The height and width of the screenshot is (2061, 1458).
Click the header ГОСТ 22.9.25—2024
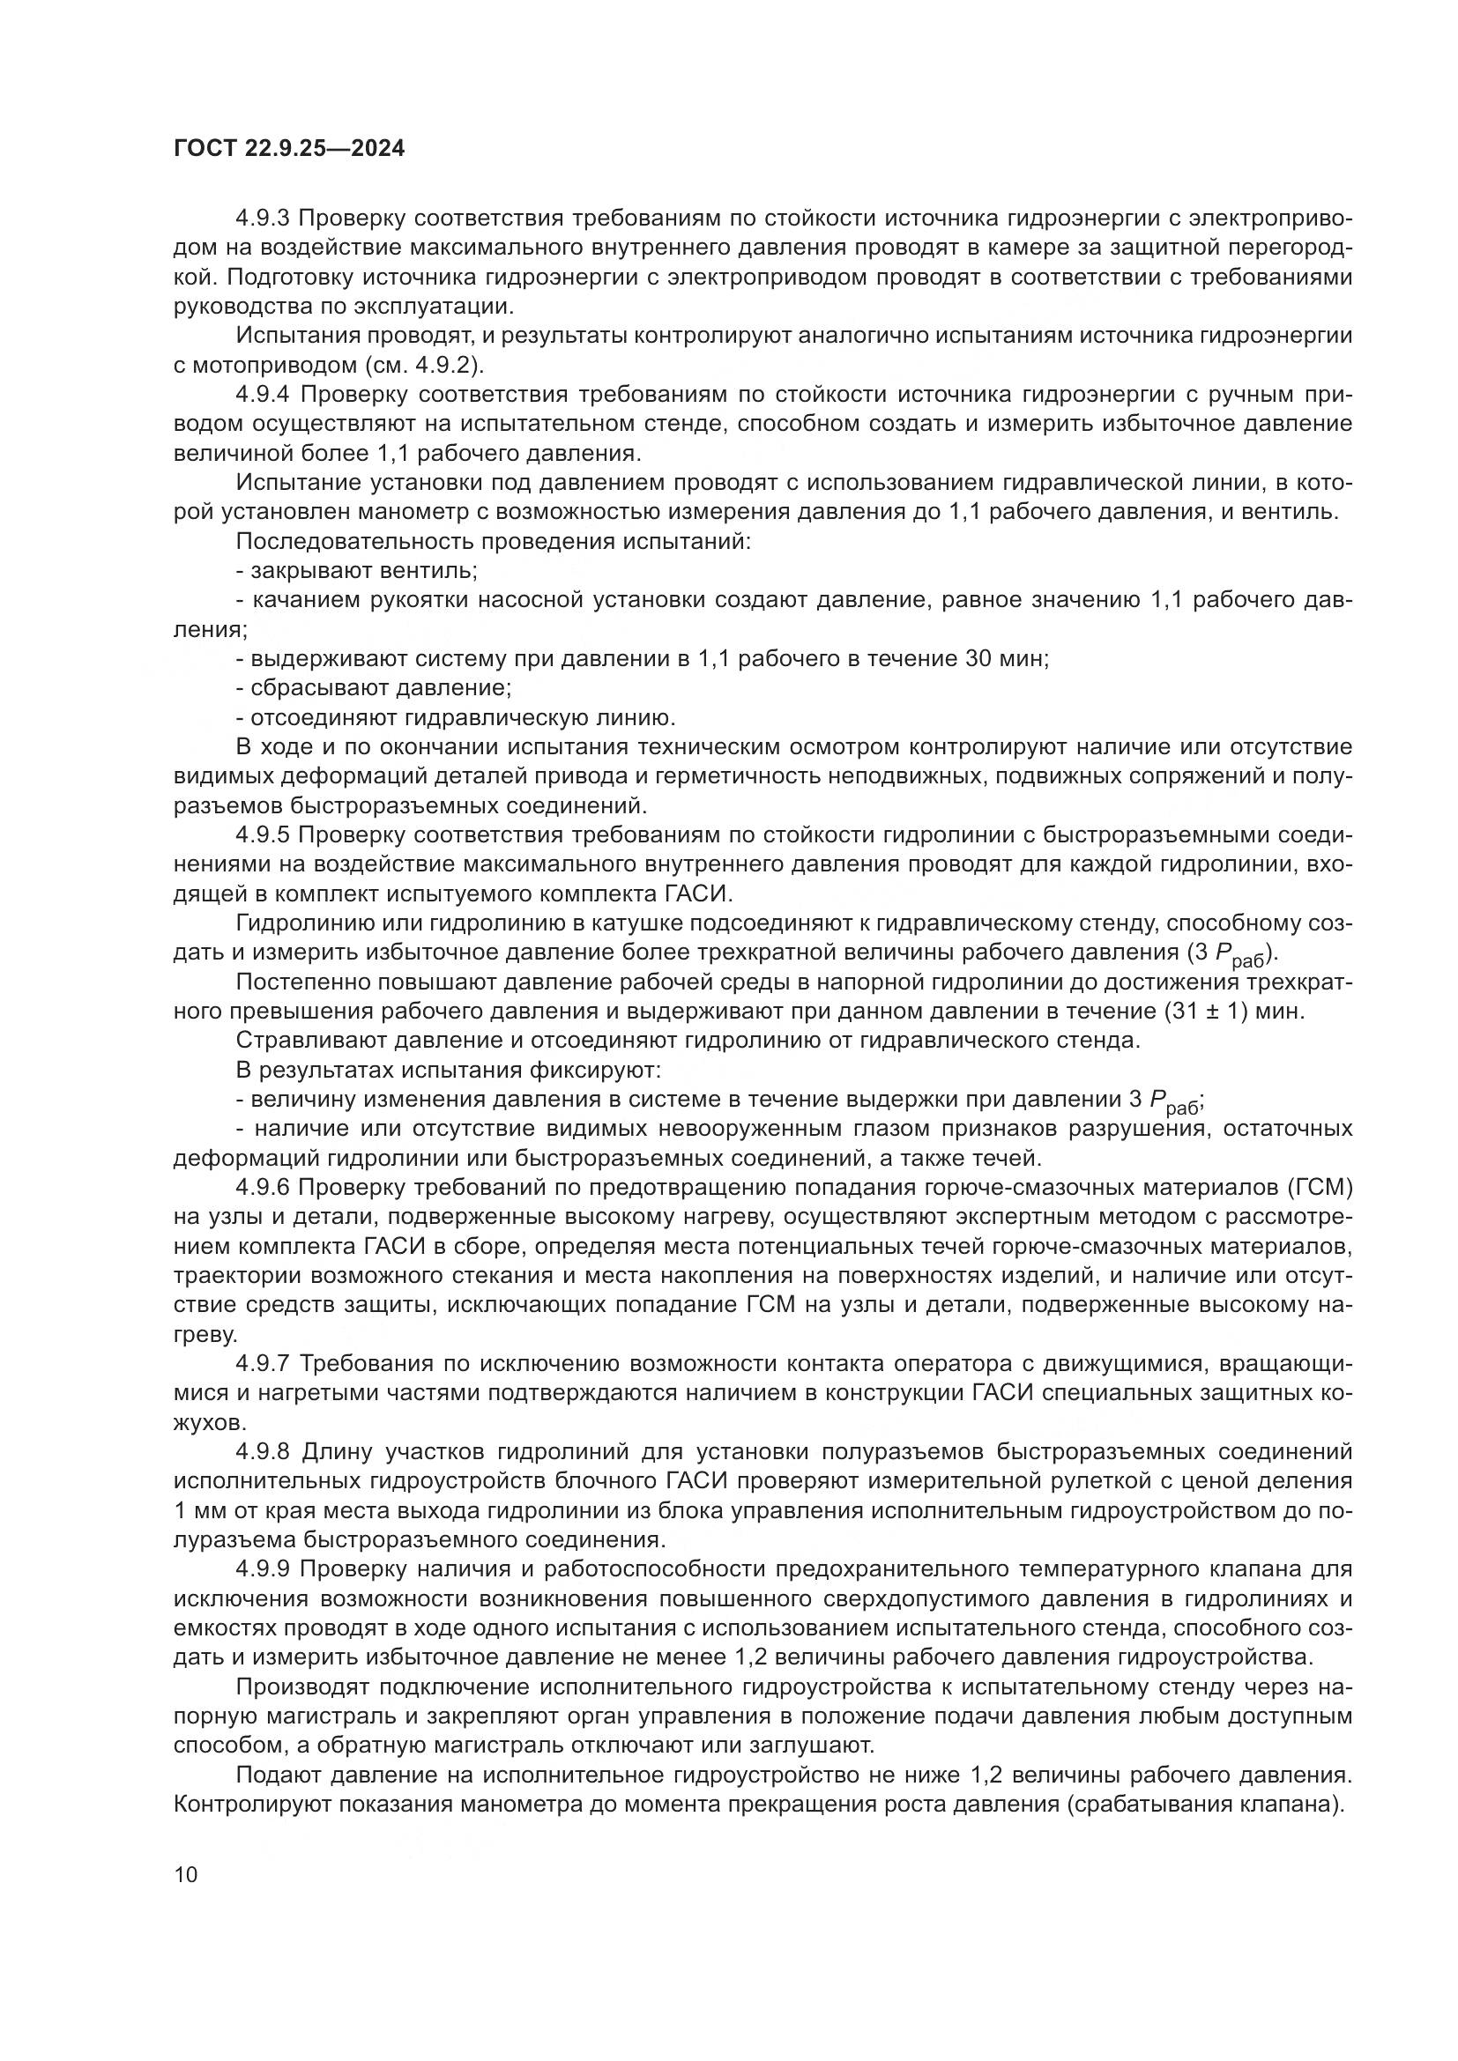point(288,148)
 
